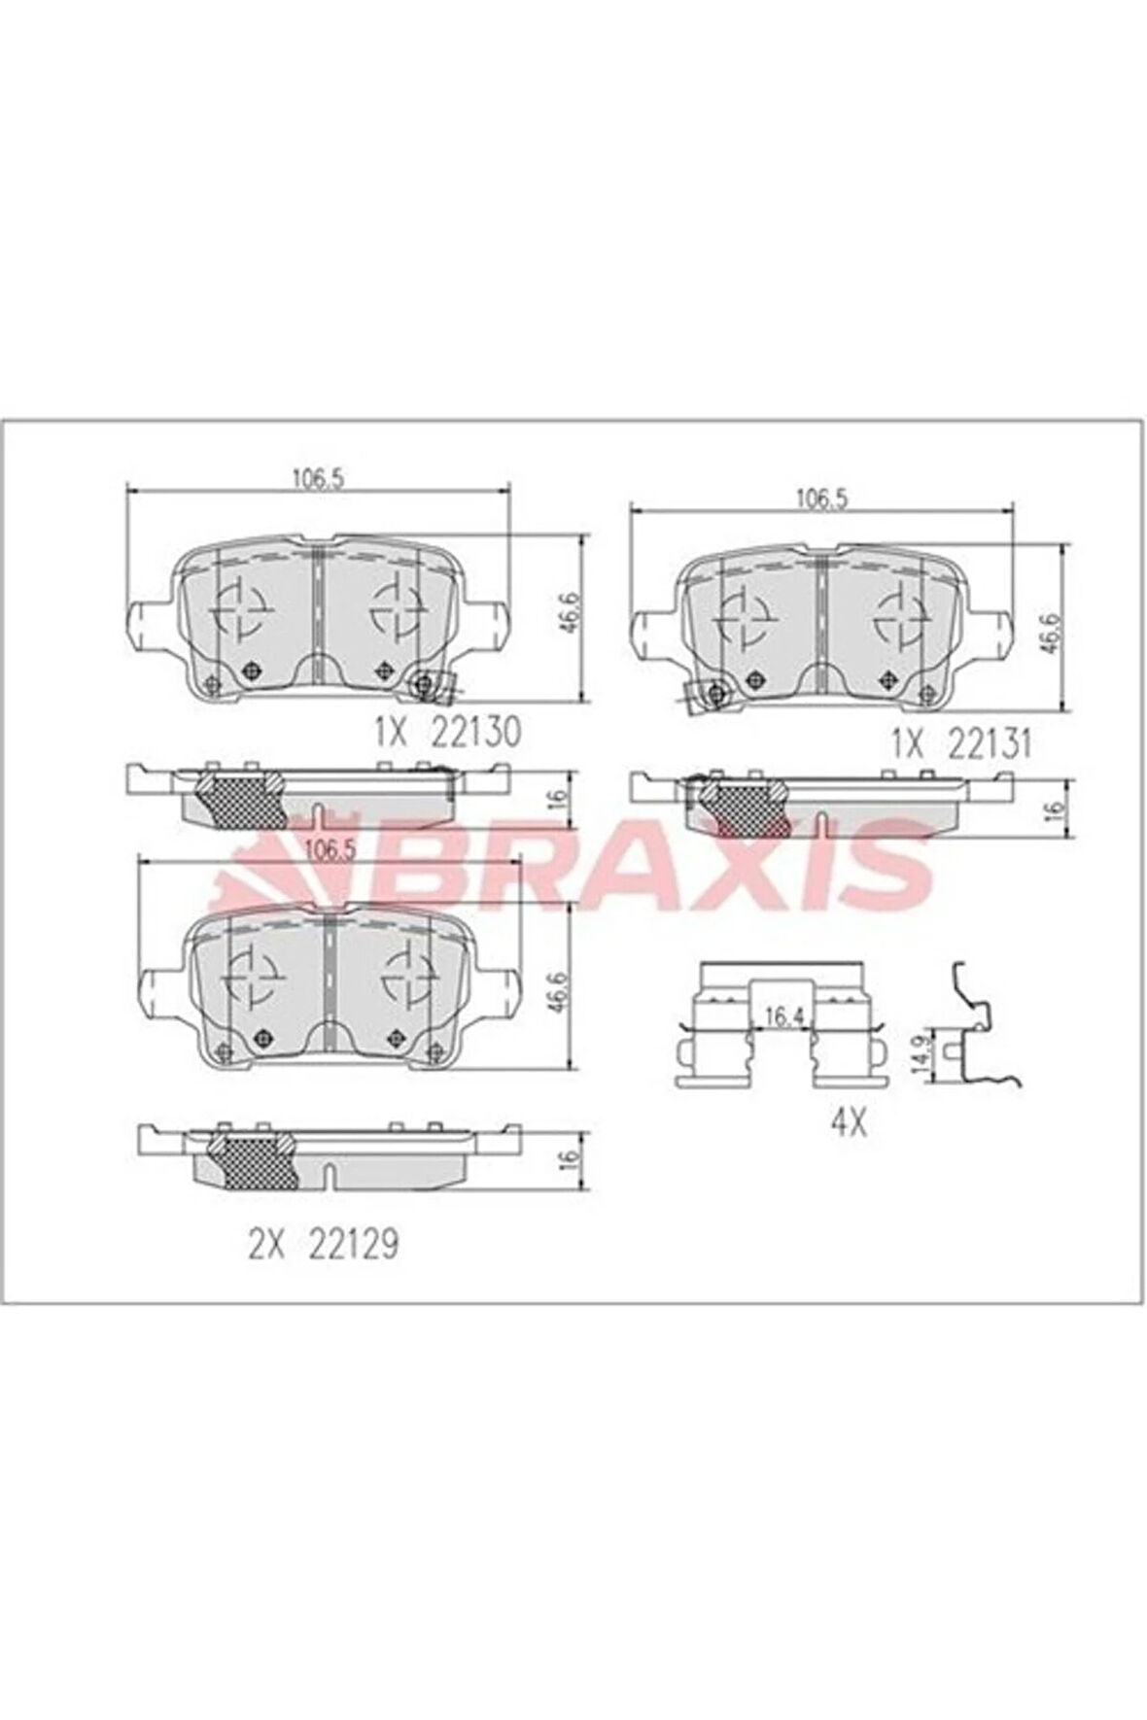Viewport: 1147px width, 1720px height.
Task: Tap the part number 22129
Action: pos(352,1244)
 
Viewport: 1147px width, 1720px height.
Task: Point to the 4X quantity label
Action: pos(848,1123)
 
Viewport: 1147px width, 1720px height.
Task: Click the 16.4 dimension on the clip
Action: pos(782,1017)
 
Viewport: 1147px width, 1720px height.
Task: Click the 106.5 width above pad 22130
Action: pos(320,477)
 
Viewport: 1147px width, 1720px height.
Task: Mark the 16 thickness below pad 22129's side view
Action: pos(573,1156)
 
